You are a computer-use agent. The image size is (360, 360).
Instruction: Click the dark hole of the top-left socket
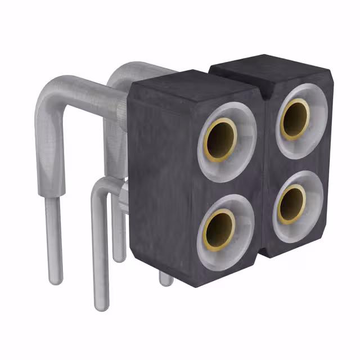[220, 140]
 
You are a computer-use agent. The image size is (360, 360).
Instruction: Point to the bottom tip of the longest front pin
[100, 305]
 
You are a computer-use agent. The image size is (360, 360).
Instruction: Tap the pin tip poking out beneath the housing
[165, 280]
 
